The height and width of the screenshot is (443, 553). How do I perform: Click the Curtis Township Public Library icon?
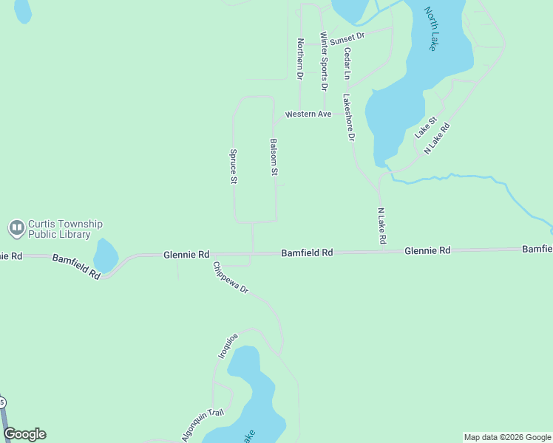coord(16,229)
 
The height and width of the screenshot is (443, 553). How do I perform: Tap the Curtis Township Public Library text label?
coord(65,230)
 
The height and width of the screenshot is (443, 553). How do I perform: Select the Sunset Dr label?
coord(347,37)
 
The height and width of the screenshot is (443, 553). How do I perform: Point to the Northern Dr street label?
coord(300,59)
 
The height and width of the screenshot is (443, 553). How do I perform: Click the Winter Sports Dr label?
coord(323,61)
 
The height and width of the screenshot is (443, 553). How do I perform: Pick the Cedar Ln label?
coord(346,63)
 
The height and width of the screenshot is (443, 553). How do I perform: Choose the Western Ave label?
coord(308,114)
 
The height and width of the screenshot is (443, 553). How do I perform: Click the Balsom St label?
coord(274,157)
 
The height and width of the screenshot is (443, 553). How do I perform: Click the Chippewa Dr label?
coord(231,278)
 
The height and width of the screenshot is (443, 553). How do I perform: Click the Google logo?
coord(25,434)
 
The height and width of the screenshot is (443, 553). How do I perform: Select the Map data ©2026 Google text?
coord(506,437)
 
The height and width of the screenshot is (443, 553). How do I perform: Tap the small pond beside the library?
coord(105,255)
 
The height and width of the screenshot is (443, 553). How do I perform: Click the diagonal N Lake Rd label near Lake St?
coord(437,138)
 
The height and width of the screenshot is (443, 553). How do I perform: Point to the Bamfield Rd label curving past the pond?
coord(76,265)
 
